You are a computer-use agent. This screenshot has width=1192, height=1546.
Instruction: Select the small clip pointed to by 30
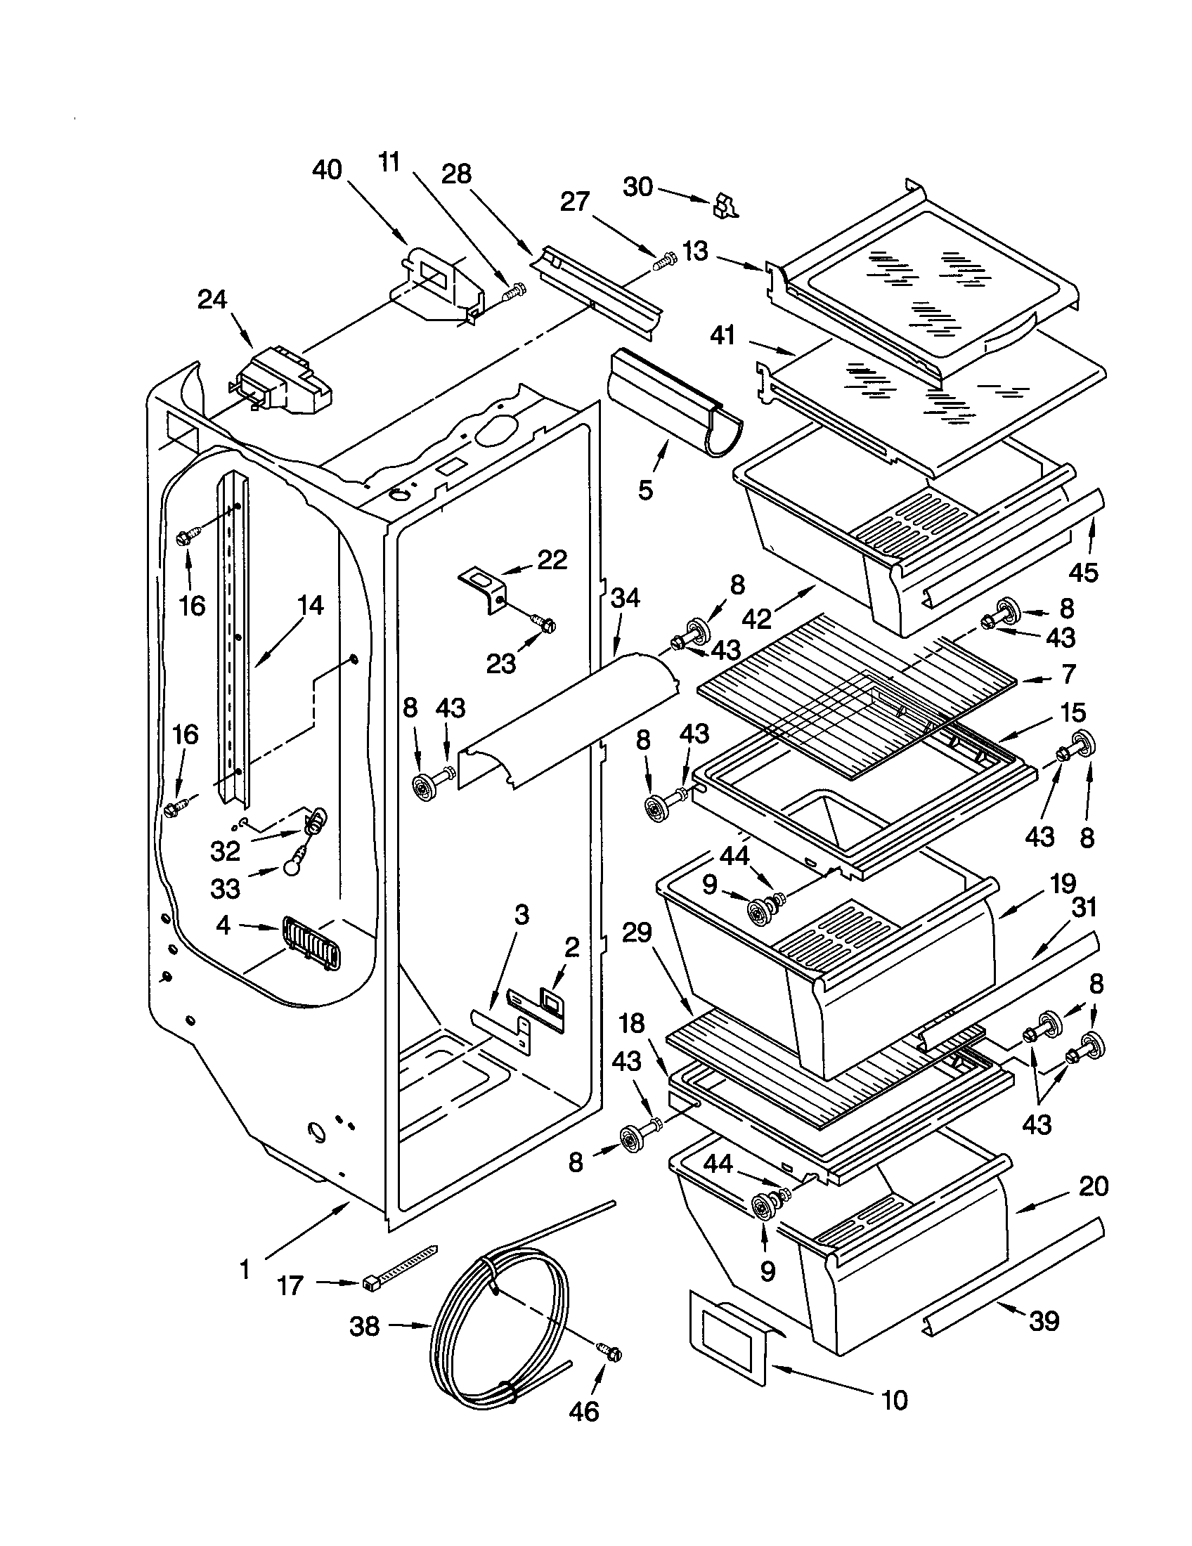coord(724,204)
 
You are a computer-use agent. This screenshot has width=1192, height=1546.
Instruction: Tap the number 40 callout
coord(327,170)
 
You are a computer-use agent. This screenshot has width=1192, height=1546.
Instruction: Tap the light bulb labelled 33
coord(293,869)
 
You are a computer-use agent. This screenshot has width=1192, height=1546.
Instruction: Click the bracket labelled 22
coord(484,587)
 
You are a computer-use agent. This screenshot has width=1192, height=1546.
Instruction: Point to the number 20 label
coord(1093,1186)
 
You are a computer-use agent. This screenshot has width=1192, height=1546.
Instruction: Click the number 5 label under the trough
coord(644,489)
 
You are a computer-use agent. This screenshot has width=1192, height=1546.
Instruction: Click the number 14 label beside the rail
coord(310,605)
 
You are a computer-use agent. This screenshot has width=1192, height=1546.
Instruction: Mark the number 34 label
coord(624,598)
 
